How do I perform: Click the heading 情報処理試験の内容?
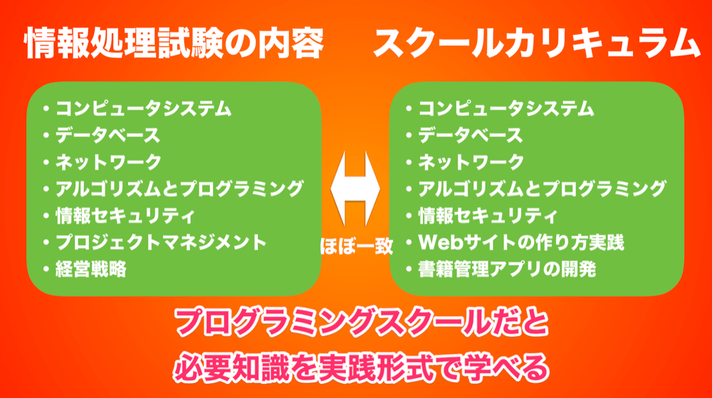click(x=174, y=43)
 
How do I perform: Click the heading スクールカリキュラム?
click(x=537, y=43)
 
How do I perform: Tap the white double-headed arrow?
click(x=355, y=189)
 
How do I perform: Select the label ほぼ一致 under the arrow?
click(x=357, y=246)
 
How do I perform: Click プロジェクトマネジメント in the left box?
click(x=161, y=242)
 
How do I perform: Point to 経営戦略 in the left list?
click(x=91, y=269)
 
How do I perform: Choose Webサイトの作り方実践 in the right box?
click(x=521, y=242)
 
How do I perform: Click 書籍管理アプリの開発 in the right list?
click(x=507, y=269)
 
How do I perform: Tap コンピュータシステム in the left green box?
click(x=144, y=109)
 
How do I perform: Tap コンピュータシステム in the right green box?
click(x=506, y=109)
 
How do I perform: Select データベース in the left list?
click(x=108, y=136)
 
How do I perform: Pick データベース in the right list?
click(x=471, y=136)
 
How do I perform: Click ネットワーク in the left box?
click(x=108, y=162)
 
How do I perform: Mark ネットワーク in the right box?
click(x=471, y=162)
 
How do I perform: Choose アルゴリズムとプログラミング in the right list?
click(x=542, y=189)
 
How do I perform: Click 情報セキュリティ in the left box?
click(x=125, y=216)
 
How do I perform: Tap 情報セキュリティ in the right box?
click(x=488, y=216)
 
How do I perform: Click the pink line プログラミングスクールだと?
click(x=362, y=323)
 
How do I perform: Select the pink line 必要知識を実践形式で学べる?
click(x=362, y=367)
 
